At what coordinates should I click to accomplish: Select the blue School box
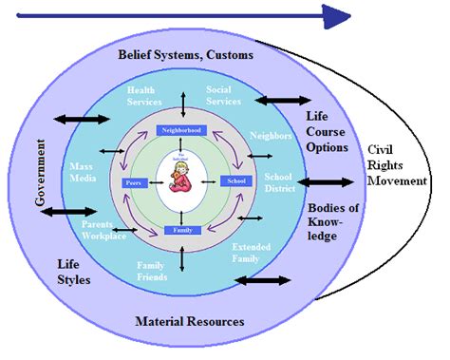(x=234, y=180)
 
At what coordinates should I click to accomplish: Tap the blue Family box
(x=181, y=230)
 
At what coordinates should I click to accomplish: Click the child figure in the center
(x=180, y=178)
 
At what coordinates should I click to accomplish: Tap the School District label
(x=278, y=181)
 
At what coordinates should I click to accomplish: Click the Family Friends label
(x=151, y=271)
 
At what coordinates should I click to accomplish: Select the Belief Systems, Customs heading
(x=185, y=56)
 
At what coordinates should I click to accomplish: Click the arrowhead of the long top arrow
(x=338, y=15)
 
